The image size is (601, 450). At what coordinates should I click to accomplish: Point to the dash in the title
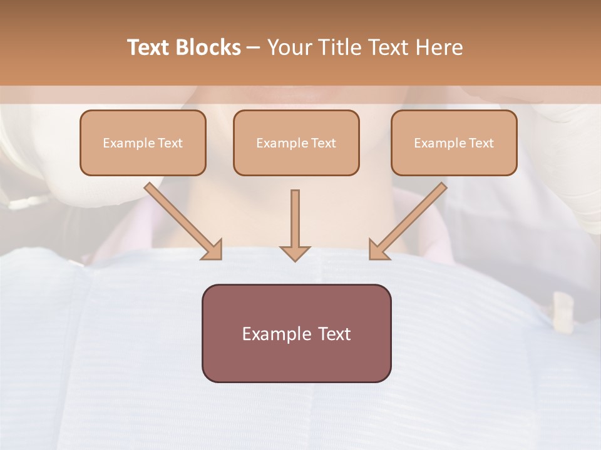(254, 47)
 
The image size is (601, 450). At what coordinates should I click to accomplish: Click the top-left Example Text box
(143, 143)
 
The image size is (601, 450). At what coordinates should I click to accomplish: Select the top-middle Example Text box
(296, 143)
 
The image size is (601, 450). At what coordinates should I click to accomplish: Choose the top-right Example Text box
(454, 143)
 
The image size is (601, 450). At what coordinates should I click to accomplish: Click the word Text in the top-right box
(481, 143)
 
